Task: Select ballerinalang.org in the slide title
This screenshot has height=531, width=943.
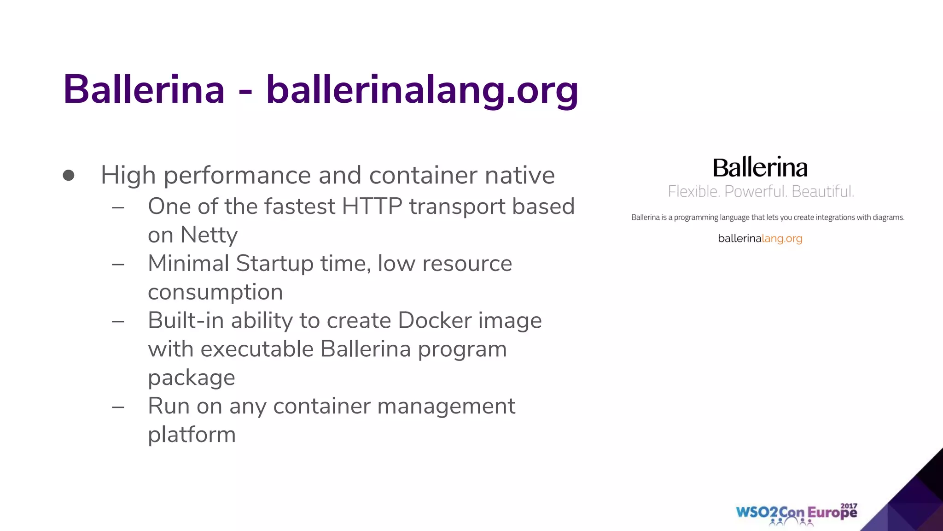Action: (422, 90)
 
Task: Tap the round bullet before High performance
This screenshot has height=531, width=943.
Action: (69, 175)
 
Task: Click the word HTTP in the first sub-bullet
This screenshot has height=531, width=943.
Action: (372, 206)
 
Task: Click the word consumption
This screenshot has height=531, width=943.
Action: (215, 292)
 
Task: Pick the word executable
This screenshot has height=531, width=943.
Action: (257, 349)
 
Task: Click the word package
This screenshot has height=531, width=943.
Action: (191, 378)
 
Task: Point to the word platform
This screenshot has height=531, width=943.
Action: (192, 435)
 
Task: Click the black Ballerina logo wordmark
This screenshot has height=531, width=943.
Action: (760, 167)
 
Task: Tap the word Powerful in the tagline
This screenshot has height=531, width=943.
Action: (755, 191)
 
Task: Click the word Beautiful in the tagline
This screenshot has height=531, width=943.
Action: (822, 191)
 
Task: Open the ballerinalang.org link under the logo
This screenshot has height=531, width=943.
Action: (760, 238)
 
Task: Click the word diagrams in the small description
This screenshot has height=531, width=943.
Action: (888, 217)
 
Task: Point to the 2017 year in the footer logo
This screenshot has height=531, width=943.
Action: (849, 506)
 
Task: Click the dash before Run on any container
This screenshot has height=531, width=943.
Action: (118, 407)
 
